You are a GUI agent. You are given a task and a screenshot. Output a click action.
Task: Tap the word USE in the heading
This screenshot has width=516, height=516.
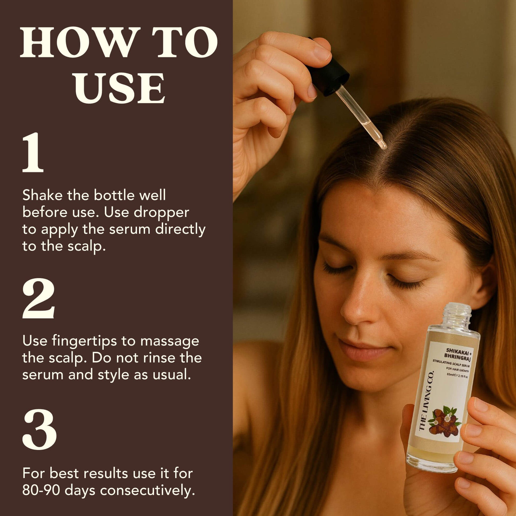point(119,88)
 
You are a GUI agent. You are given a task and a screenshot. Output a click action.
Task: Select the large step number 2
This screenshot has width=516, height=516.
point(38,298)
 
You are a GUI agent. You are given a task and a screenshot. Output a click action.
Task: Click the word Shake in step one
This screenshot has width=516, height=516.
point(42,195)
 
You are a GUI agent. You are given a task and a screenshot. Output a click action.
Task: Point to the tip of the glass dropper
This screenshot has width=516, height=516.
point(384,147)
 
